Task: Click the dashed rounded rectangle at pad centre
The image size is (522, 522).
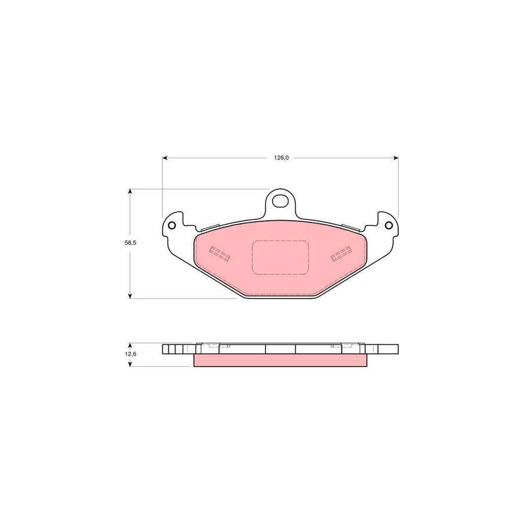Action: (280, 258)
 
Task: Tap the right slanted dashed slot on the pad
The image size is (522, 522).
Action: (341, 253)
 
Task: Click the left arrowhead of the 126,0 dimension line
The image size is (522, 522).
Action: (165, 157)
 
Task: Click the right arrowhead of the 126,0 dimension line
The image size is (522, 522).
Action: (396, 157)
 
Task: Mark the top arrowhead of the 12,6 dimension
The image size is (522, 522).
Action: (130, 344)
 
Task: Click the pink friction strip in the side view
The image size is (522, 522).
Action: (281, 360)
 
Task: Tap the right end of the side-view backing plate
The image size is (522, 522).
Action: (385, 349)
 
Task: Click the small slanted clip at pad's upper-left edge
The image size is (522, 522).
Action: (208, 228)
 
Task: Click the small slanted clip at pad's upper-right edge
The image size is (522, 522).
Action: (353, 228)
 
